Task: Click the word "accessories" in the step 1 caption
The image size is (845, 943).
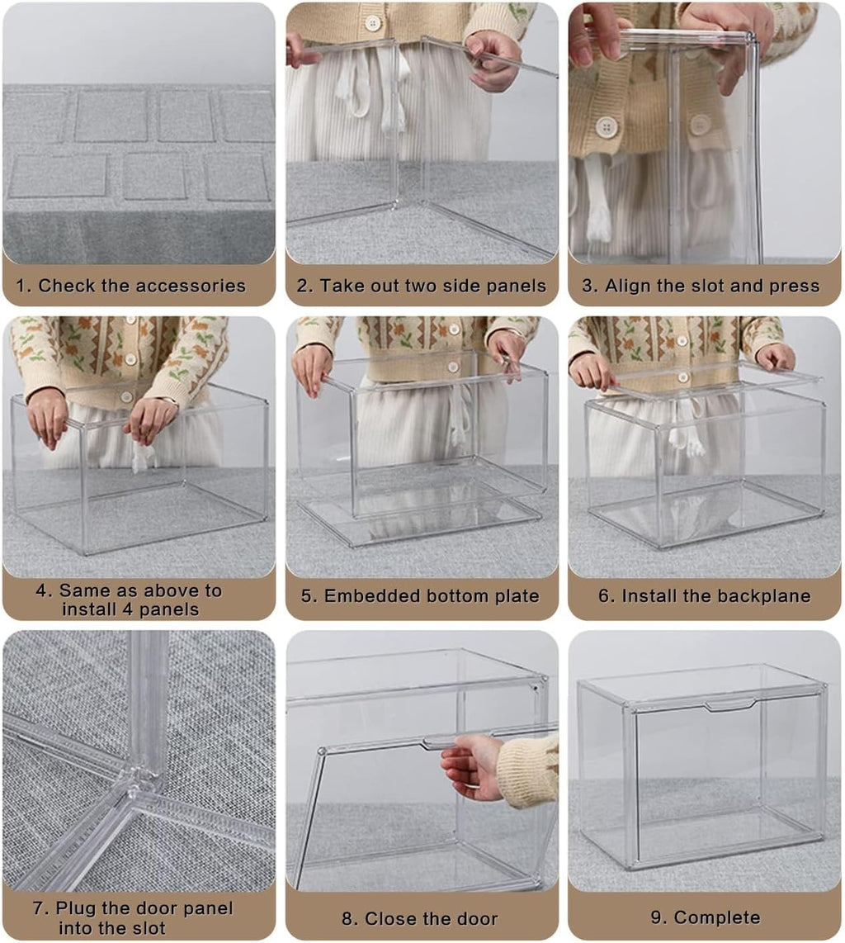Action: (190, 286)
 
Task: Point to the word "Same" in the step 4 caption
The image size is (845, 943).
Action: (83, 590)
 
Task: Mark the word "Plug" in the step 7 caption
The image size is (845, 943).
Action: (76, 908)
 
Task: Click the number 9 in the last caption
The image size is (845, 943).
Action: (655, 917)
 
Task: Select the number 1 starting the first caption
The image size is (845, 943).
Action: (22, 286)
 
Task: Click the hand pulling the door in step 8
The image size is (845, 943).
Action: (470, 766)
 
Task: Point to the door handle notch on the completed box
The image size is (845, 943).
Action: (730, 704)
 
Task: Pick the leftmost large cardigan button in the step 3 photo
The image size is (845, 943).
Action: (607, 126)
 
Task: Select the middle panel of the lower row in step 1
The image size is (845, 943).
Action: (155, 177)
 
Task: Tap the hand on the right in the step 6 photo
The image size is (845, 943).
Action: (776, 357)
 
